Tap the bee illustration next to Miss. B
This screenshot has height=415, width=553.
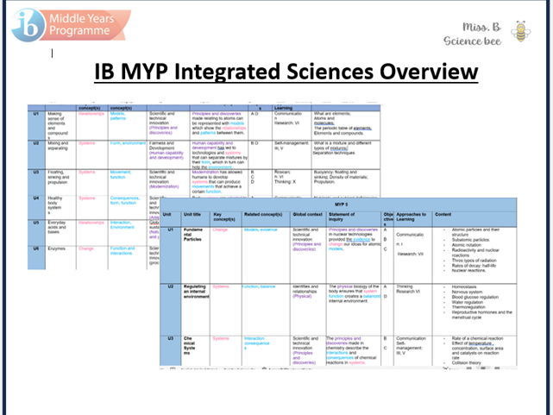coord(520,32)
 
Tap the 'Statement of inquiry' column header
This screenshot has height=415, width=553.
coord(354,217)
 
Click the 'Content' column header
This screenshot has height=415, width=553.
coord(443,214)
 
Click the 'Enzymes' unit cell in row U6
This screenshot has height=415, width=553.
coord(60,248)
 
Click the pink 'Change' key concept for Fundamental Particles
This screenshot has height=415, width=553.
coord(221,230)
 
